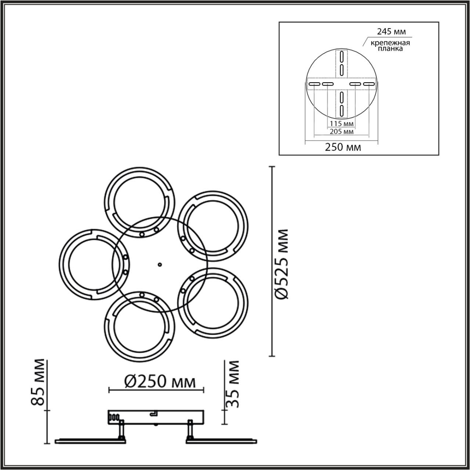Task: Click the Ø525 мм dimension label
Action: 282,264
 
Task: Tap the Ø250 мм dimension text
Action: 160,382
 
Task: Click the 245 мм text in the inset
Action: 391,32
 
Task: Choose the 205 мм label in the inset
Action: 341,132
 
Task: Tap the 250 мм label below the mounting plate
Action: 343,147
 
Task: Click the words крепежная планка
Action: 390,46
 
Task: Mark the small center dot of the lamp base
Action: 160,264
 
